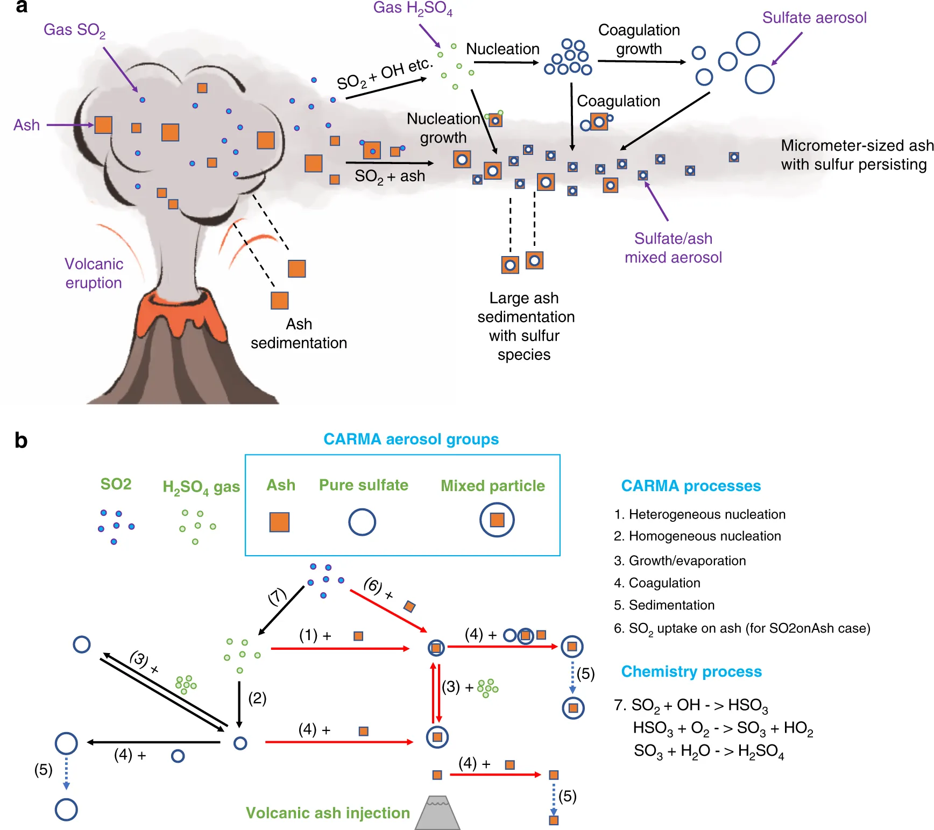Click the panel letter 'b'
click(21, 441)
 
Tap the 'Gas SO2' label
click(74, 30)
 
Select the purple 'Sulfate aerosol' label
click(814, 18)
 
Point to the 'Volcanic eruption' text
click(94, 273)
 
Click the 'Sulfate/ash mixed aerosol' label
click(673, 248)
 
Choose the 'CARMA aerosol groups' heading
click(411, 439)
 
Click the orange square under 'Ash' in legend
click(279, 522)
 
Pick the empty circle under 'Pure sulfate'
click(362, 522)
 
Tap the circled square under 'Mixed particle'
click(497, 520)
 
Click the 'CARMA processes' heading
click(691, 486)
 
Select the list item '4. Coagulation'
click(657, 583)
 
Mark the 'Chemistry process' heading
click(691, 672)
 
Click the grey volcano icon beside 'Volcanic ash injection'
click(437, 813)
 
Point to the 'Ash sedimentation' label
click(299, 334)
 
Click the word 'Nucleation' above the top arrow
click(503, 49)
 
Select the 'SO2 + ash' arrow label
click(390, 176)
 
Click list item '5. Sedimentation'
click(664, 605)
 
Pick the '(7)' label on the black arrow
click(277, 597)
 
